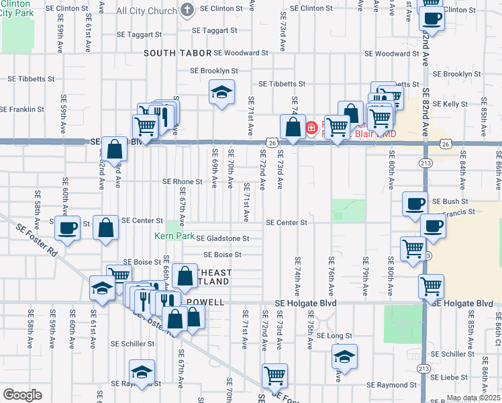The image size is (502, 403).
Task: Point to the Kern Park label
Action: pyautogui.click(x=174, y=236)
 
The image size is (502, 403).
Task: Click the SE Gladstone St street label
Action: pyautogui.click(x=222, y=238)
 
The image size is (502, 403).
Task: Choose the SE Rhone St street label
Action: pyautogui.click(x=183, y=181)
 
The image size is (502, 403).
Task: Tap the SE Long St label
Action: pyautogui.click(x=334, y=335)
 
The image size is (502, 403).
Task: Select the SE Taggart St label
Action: pyautogui.click(x=214, y=30)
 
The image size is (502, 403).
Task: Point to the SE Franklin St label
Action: pyautogui.click(x=22, y=109)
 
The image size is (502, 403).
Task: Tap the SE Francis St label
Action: pyautogui.click(x=458, y=212)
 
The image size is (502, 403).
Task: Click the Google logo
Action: pyautogui.click(x=22, y=395)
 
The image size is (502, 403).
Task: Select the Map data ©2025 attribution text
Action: pyautogui.click(x=473, y=398)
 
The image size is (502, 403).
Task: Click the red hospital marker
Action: pyautogui.click(x=311, y=127)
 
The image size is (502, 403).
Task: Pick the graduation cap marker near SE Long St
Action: pyautogui.click(x=344, y=356)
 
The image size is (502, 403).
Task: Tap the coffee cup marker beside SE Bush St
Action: pyautogui.click(x=415, y=204)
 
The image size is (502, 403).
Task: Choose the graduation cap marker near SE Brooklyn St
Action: pyautogui.click(x=221, y=93)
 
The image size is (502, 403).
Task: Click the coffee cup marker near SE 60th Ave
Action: pyautogui.click(x=66, y=228)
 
